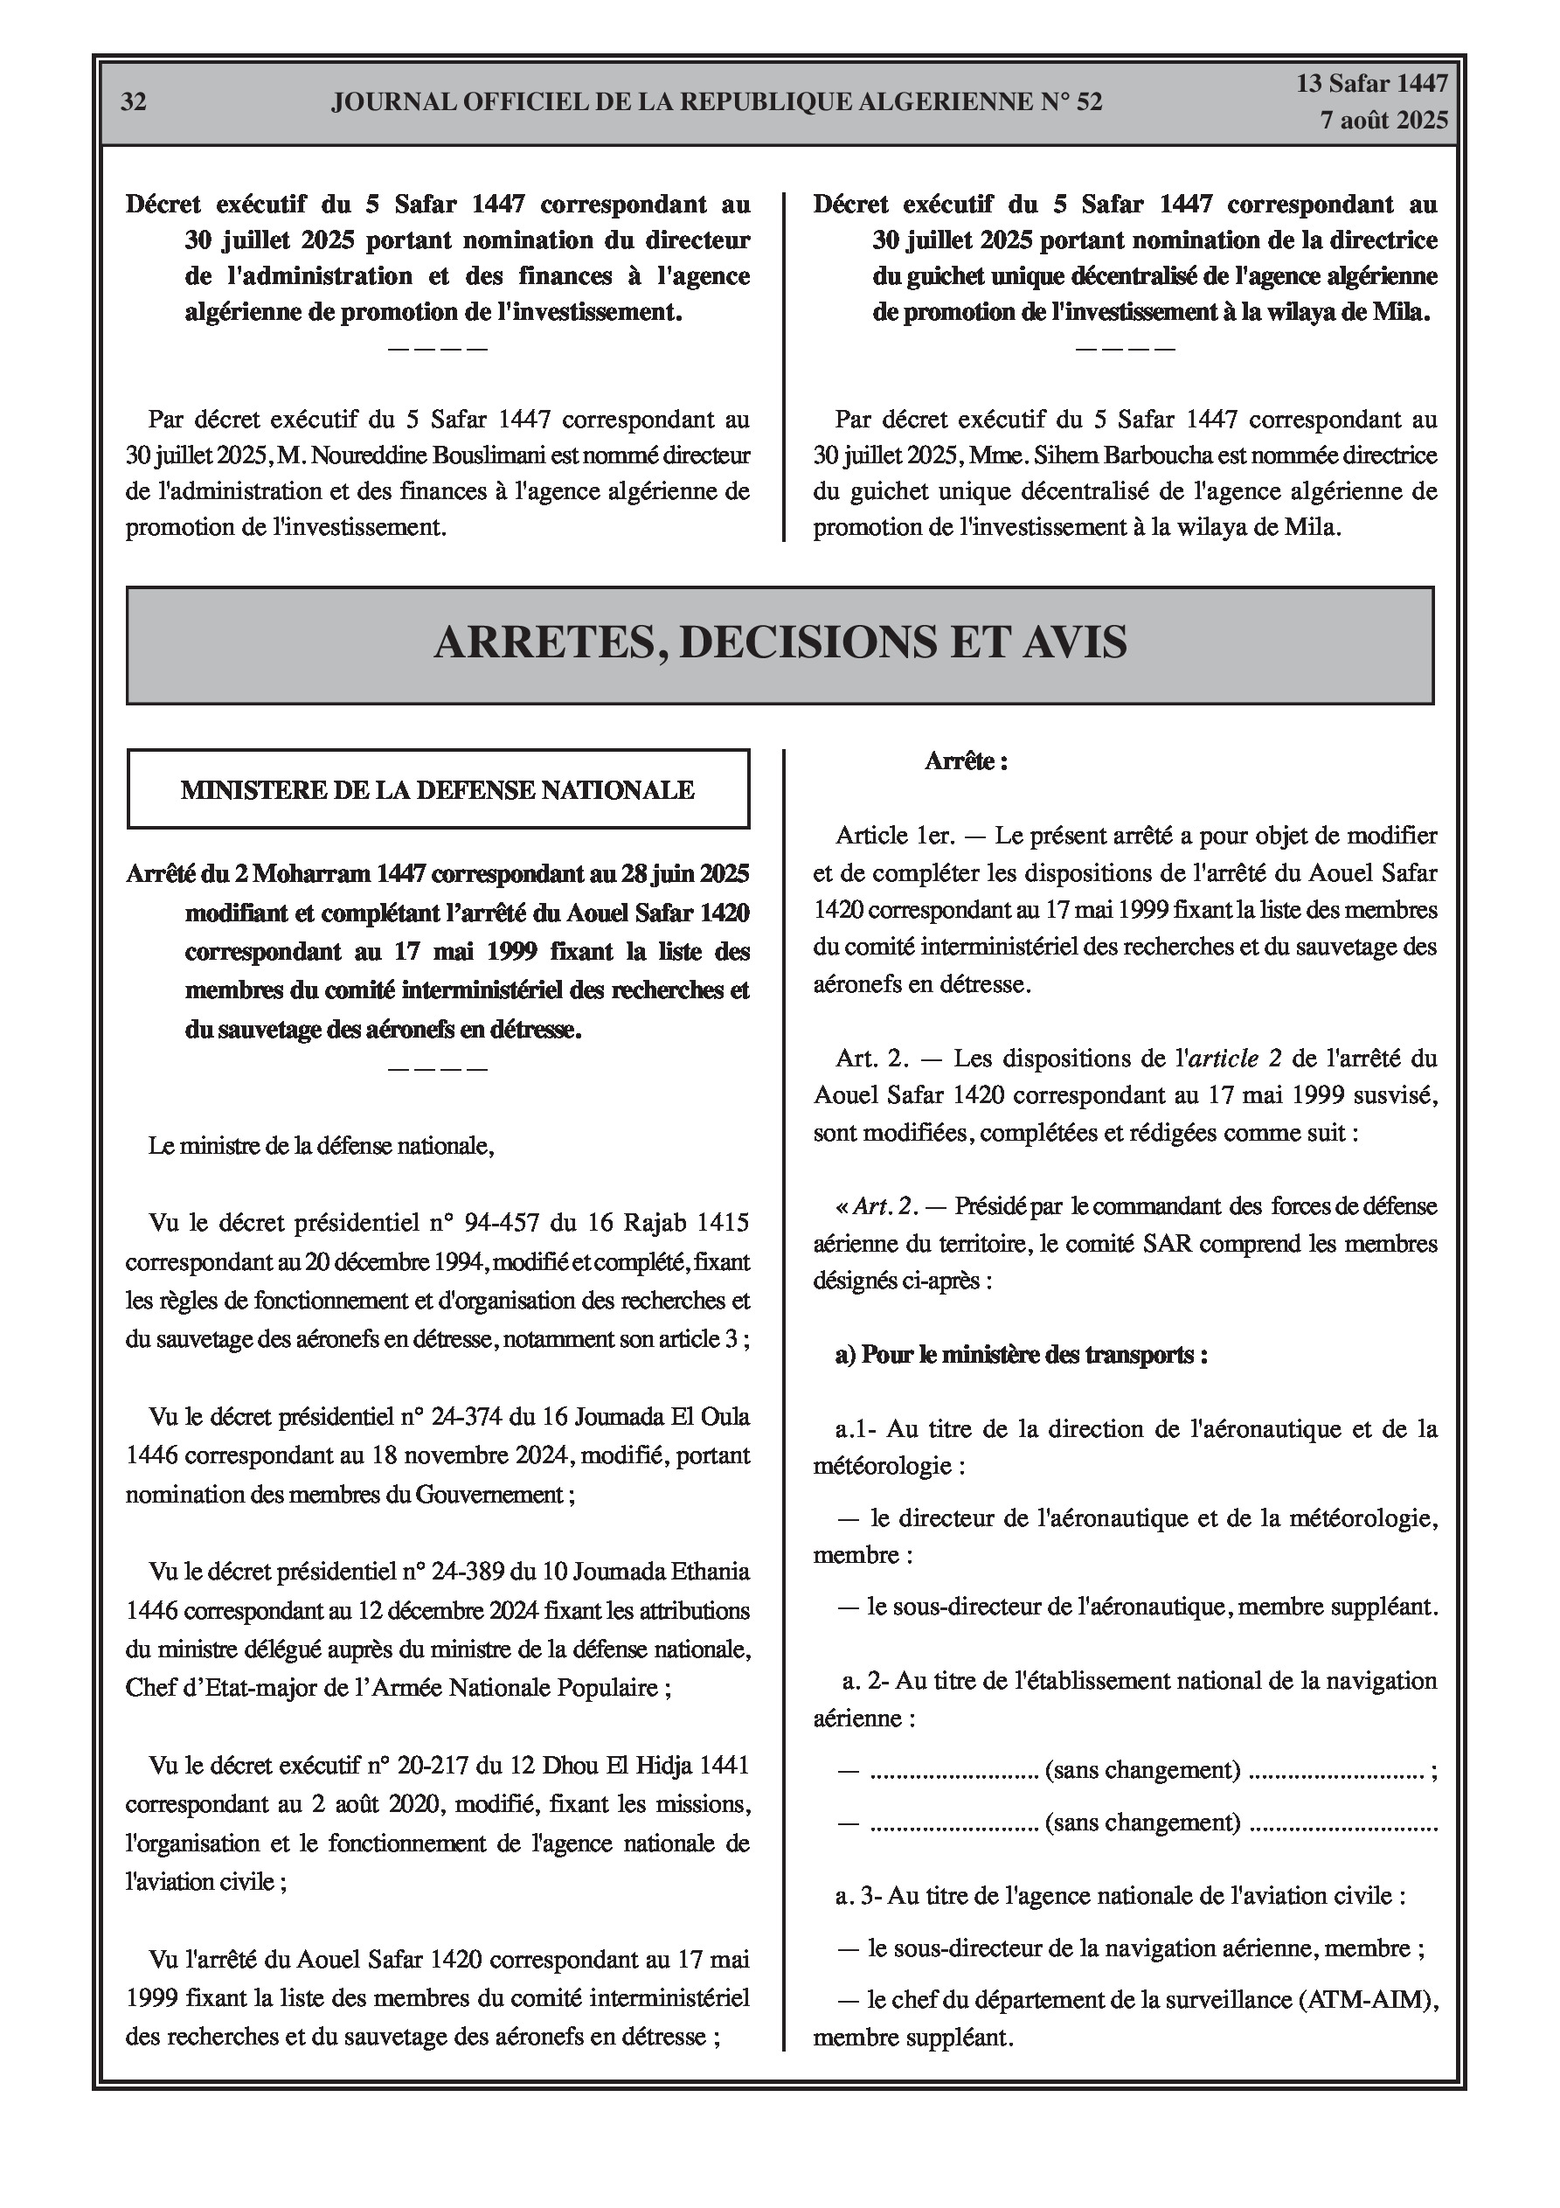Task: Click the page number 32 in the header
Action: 134,103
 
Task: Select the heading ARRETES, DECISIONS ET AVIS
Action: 780,642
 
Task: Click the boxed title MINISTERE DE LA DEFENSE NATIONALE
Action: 438,790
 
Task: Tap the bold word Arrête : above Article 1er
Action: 966,761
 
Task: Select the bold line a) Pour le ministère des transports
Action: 1022,1355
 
